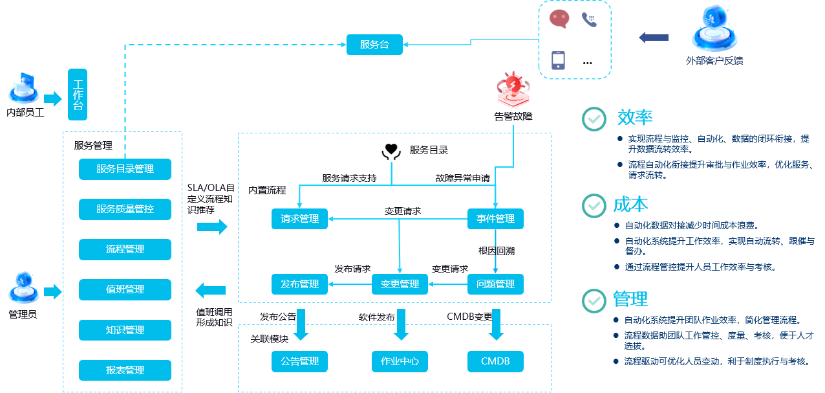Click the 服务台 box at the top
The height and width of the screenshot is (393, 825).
point(374,45)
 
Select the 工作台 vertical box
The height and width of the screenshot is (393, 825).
point(78,95)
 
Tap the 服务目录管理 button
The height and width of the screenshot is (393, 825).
point(125,169)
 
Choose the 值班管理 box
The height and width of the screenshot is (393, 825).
point(125,289)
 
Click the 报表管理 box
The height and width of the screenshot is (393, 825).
point(125,370)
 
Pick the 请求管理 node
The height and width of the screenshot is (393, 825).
point(299,219)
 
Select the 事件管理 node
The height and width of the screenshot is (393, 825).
point(495,219)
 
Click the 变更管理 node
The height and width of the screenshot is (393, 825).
point(400,284)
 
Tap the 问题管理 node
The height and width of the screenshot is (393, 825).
point(495,284)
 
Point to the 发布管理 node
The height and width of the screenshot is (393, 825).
point(299,284)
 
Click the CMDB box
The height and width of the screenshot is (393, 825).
point(495,361)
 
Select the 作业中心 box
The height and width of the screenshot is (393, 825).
point(400,361)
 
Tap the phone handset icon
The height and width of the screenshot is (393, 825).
point(588,19)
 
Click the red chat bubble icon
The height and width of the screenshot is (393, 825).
point(559,18)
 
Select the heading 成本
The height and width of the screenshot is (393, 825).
point(630,205)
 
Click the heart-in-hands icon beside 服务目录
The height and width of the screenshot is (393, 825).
point(390,150)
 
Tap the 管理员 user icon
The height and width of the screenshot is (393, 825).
point(23,289)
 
